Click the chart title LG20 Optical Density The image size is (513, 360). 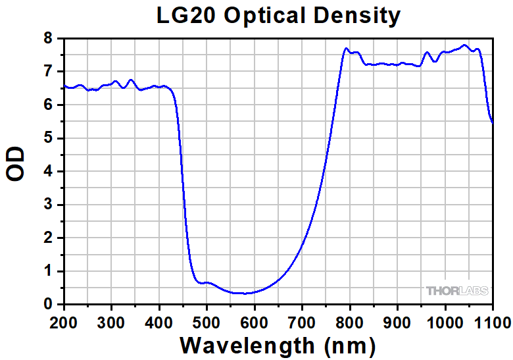[278, 16]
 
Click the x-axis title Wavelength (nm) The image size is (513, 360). [278, 345]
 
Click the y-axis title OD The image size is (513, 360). [16, 165]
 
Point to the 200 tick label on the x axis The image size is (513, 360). [64, 322]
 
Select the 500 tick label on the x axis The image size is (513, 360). [207, 322]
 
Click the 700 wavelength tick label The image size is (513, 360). [302, 322]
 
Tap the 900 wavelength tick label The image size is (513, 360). [397, 322]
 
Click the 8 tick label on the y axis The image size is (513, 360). [48, 38]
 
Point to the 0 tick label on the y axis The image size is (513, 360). [48, 304]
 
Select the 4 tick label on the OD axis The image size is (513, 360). [48, 171]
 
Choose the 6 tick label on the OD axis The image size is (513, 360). [48, 105]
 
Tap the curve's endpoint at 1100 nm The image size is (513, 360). [493, 122]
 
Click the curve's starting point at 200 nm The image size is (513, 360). [64, 86]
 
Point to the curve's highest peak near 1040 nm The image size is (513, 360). [464, 45]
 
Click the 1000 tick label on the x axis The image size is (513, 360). [445, 322]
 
